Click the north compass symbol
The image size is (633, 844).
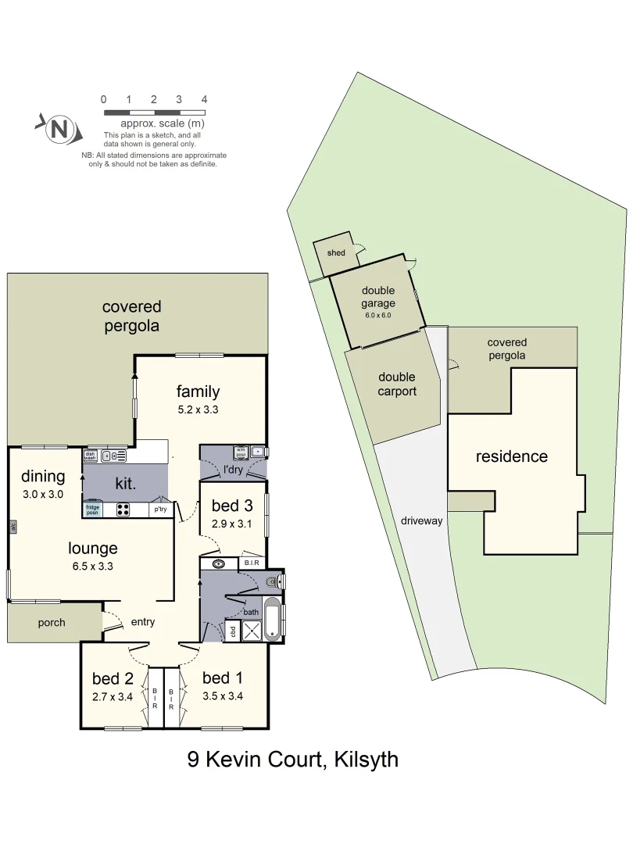(58, 129)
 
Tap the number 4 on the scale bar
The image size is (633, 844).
(204, 99)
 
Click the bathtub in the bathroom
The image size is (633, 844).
(273, 620)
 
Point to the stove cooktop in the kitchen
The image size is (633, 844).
(123, 510)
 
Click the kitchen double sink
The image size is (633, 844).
(114, 456)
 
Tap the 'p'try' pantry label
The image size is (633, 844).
(160, 510)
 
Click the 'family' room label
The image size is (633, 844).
(198, 392)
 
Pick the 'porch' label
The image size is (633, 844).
(52, 623)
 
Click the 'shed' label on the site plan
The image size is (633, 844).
(336, 253)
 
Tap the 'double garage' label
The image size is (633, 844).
(378, 297)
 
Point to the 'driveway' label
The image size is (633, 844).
(423, 520)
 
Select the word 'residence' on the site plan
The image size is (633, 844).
(512, 456)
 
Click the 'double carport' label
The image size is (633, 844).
(397, 384)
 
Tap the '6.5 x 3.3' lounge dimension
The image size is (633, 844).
(91, 567)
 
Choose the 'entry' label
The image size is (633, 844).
(143, 622)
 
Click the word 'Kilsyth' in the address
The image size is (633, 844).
(367, 759)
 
